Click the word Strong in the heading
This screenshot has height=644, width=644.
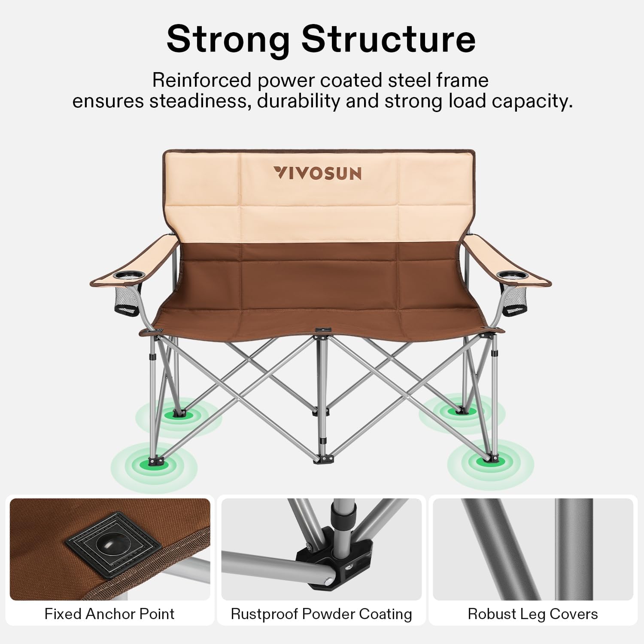coord(228,39)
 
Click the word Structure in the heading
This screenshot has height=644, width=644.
coord(389,39)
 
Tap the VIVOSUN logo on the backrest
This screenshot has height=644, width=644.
coord(318,173)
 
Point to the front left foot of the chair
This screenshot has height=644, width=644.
coord(155,462)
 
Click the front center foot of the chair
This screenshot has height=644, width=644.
coord(323,459)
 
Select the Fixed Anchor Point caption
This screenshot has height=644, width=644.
coord(109,614)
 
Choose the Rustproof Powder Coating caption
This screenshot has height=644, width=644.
coord(321,614)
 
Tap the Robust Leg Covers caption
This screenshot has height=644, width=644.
coord(533,614)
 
